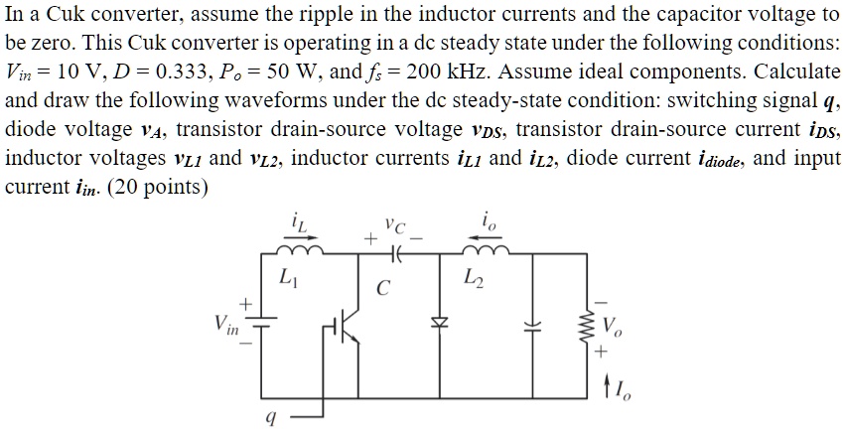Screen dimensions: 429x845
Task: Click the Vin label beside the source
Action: coord(225,324)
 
